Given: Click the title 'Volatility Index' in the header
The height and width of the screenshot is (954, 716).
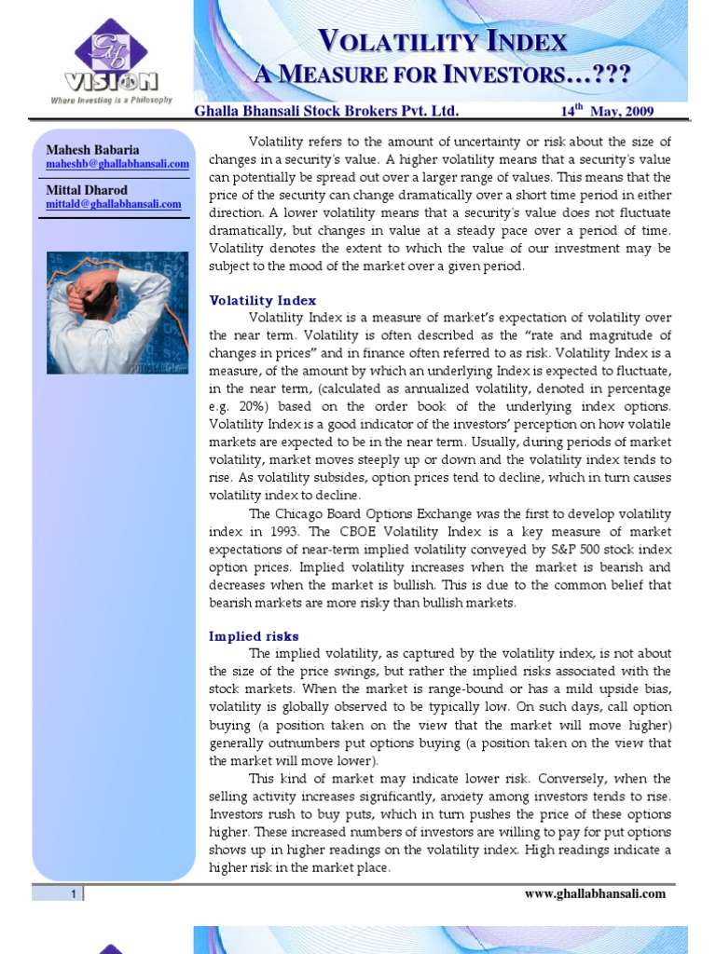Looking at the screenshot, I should pyautogui.click(x=443, y=40).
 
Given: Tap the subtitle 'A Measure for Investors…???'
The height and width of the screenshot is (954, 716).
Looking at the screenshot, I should pyautogui.click(x=444, y=73).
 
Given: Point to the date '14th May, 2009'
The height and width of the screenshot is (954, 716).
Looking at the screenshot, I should pyautogui.click(x=607, y=111).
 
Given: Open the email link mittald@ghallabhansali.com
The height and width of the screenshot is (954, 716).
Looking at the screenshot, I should pyautogui.click(x=114, y=204).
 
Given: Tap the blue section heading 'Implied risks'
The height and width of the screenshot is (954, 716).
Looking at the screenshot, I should pyautogui.click(x=254, y=636).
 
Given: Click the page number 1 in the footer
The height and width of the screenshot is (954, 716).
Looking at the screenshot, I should pyautogui.click(x=71, y=894).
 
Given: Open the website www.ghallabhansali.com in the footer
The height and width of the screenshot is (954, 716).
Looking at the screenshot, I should pyautogui.click(x=595, y=893).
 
